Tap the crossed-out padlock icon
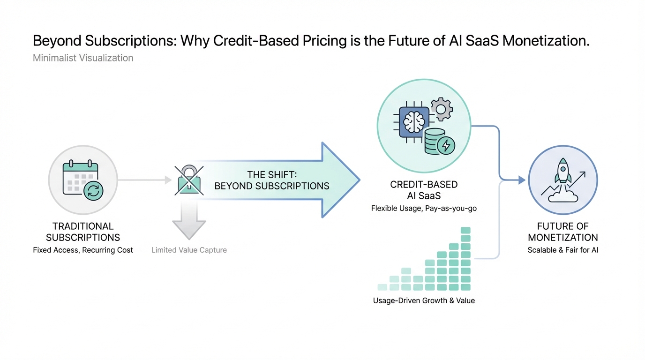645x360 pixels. tap(189, 180)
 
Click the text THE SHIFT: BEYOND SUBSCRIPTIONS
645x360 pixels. tap(272, 180)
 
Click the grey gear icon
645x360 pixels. tap(441, 109)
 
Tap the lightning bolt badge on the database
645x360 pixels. tap(446, 146)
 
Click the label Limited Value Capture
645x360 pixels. tap(189, 250)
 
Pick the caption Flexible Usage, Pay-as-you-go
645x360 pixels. tap(424, 208)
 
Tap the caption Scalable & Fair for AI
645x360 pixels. tap(562, 250)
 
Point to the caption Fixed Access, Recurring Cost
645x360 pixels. tap(83, 250)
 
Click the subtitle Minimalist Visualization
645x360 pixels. tap(83, 58)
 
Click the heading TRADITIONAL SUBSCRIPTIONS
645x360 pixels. tap(83, 232)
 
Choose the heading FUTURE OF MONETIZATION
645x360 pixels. tap(562, 232)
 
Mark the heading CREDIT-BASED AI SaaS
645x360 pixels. tap(424, 190)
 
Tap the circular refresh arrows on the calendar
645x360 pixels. tap(93, 190)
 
